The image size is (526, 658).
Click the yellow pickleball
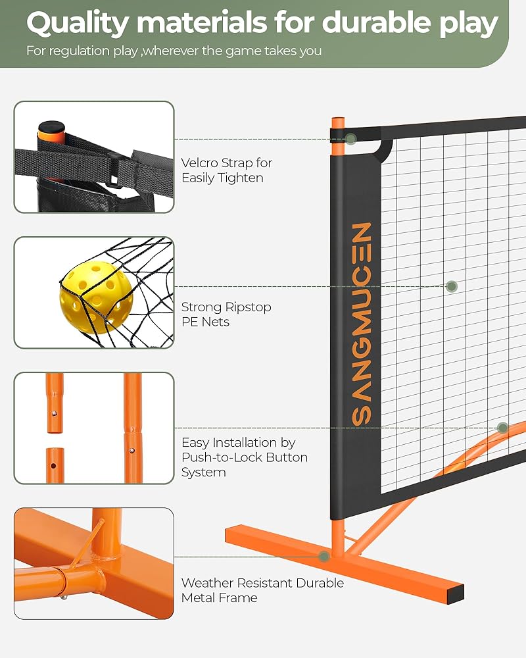click(x=96, y=299)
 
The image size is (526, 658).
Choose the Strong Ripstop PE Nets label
click(x=226, y=315)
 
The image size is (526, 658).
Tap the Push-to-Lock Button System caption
click(x=244, y=457)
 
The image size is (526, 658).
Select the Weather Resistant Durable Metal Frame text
click(x=262, y=590)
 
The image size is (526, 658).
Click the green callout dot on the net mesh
click(x=452, y=286)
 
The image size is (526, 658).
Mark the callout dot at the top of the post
click(x=351, y=139)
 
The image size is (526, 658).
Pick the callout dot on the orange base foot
click(x=324, y=556)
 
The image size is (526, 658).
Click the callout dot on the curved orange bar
click(x=503, y=428)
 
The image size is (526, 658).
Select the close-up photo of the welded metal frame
click(x=94, y=563)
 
